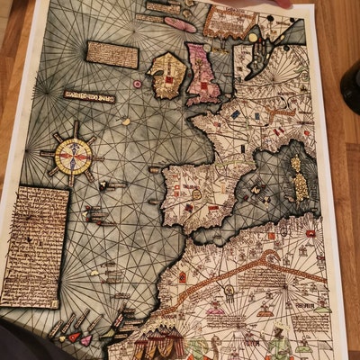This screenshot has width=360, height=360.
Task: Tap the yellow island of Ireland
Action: pyautogui.click(x=167, y=75)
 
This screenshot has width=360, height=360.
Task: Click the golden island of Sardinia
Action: pyautogui.click(x=301, y=187)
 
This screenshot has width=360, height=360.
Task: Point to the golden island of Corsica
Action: pyautogui.click(x=296, y=165)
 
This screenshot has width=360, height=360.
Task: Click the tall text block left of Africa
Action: pyautogui.click(x=34, y=246)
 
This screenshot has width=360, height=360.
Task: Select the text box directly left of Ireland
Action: pyautogui.click(x=112, y=55)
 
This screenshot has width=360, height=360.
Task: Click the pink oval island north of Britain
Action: pyautogui.click(x=180, y=25)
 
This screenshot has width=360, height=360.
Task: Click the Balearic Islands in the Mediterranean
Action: pyautogui.click(x=256, y=191)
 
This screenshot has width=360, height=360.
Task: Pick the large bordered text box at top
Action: pyautogui.click(x=228, y=21)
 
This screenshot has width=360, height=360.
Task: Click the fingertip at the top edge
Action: pyautogui.click(x=284, y=4)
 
